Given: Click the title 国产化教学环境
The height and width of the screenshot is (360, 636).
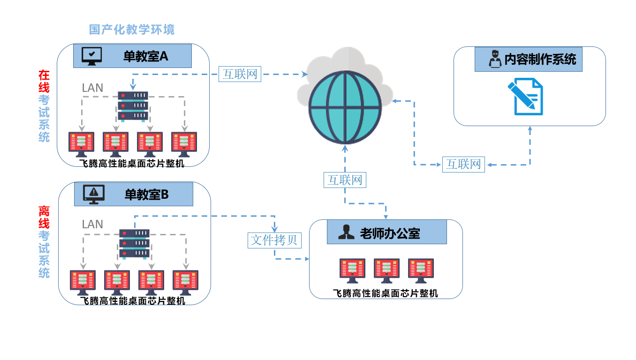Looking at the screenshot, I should pos(132,30).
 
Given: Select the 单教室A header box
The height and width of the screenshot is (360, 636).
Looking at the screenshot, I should pos(132,56).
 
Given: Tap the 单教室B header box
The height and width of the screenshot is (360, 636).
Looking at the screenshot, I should pos(133,194).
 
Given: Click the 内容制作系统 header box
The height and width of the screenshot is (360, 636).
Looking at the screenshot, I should pos(528,59).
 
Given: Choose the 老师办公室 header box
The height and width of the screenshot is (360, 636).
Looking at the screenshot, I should pos(386,232).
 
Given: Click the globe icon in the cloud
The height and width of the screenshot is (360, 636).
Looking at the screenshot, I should pos(345,107).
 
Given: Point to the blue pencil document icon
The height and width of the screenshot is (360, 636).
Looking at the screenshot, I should pos(525,97).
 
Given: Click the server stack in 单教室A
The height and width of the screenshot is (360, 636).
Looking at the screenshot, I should pos(133,106).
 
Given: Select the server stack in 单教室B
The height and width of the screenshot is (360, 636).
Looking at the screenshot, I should pos(135,243).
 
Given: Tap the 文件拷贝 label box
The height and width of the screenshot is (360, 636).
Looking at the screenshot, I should pos(274,240).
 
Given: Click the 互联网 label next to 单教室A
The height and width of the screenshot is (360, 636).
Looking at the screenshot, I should pos(240,74).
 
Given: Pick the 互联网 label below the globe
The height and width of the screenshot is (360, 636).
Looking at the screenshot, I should pos(345,180).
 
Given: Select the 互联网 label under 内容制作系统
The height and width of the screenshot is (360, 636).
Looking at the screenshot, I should pos(463,165).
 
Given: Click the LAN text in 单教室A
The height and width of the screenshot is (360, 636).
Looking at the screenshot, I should pos(92,88).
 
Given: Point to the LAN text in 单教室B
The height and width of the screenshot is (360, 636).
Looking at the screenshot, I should pos(92,224).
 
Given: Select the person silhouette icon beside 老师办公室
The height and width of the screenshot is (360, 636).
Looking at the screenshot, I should pos(347,232).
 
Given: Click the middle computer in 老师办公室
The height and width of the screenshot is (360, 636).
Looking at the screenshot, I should pos(386,270).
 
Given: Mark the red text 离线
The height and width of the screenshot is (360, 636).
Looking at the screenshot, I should pos(44,217).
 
